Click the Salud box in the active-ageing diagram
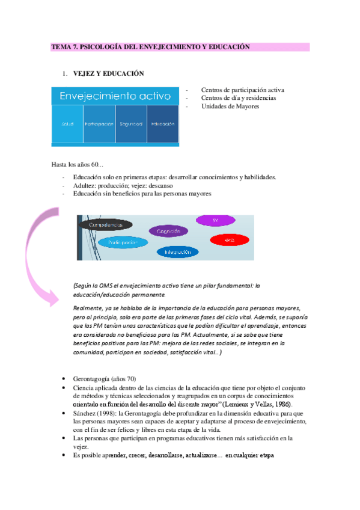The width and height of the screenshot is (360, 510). pyautogui.click(x=67, y=124)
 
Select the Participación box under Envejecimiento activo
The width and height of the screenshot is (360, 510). pyautogui.click(x=99, y=124)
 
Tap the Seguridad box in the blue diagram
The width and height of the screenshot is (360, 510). pyautogui.click(x=131, y=124)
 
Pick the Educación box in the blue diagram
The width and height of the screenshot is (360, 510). pyautogui.click(x=163, y=124)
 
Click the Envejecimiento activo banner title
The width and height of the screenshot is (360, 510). pyautogui.click(x=115, y=96)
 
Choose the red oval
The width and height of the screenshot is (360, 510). pyautogui.click(x=229, y=240)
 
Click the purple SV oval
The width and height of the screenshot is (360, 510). pyautogui.click(x=215, y=221)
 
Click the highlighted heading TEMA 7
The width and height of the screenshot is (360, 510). pyautogui.click(x=150, y=46)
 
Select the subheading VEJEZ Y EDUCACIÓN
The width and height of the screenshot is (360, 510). pyautogui.click(x=109, y=73)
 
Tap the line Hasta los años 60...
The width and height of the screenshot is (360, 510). pyautogui.click(x=78, y=164)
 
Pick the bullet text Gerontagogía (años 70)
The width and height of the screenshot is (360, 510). pyautogui.click(x=105, y=379)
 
